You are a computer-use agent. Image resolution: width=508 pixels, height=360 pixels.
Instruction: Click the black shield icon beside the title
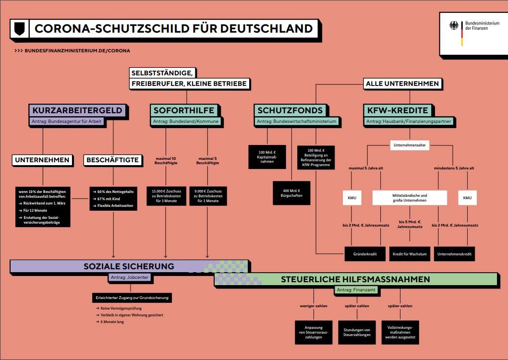point(20,28)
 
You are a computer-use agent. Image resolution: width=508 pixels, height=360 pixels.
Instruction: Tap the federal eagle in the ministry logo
point(454,25)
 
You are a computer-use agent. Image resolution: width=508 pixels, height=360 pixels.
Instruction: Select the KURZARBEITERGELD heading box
point(77,110)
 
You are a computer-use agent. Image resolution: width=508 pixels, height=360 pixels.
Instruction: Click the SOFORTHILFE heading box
point(184,110)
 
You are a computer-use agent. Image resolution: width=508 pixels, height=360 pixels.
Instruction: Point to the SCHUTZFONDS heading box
point(290,110)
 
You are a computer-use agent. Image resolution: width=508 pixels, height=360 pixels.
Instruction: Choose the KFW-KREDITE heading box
point(398,110)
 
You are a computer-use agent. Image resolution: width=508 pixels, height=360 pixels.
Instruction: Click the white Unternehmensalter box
point(410,145)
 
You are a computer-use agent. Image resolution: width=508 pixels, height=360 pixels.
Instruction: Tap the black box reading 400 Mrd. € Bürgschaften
point(291,193)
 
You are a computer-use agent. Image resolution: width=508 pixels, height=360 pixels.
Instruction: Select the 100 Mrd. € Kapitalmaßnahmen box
point(267,156)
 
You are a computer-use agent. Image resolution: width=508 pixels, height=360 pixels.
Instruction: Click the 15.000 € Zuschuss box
point(166,196)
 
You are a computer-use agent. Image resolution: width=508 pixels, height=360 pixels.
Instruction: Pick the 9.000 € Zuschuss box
point(208,196)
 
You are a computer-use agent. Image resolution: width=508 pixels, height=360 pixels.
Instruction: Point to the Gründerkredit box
point(365,254)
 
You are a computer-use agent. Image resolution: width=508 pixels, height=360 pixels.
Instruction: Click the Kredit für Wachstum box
point(410,254)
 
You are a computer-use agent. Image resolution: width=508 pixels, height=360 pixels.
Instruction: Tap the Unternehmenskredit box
point(454,254)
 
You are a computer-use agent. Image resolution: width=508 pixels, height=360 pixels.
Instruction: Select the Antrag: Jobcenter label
point(130,277)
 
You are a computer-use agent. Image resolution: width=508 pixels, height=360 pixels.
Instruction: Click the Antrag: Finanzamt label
point(356,290)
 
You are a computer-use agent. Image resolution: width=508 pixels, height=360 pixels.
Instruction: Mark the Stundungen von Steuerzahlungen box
point(357,332)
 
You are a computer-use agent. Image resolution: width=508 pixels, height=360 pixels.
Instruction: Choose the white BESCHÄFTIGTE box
point(112,160)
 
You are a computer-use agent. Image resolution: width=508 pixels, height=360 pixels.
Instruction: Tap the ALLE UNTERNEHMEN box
point(402,84)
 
